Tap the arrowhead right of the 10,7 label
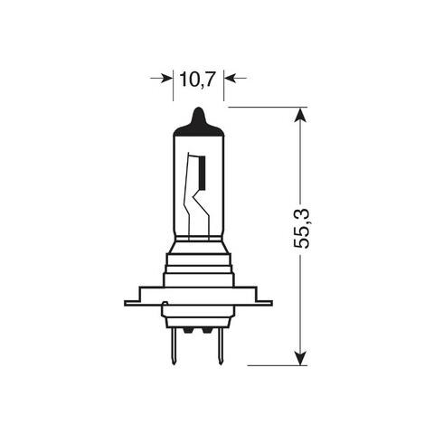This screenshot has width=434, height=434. click(229, 80)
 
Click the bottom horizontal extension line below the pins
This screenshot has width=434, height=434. click(280, 365)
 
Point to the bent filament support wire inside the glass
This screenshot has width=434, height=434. click(190, 194)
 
